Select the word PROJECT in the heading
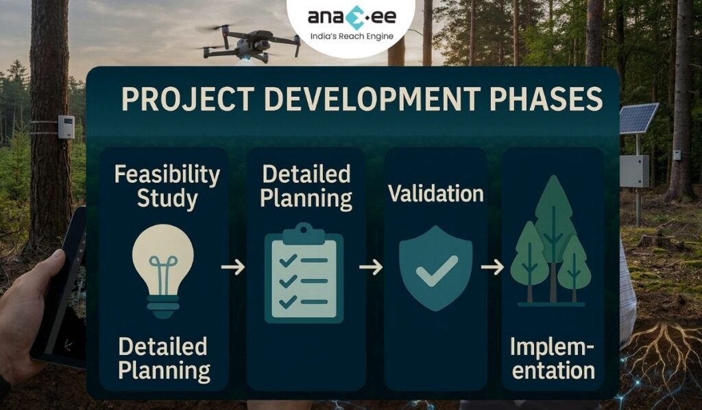tap(182, 100)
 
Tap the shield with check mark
tap(435, 268)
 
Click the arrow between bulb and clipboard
tap(233, 266)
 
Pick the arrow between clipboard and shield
tap(370, 266)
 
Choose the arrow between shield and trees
tap(492, 266)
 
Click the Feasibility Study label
tap(167, 185)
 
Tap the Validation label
tap(436, 194)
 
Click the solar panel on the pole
tap(639, 118)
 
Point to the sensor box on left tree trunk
tap(66, 127)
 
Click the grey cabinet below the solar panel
tap(634, 170)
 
